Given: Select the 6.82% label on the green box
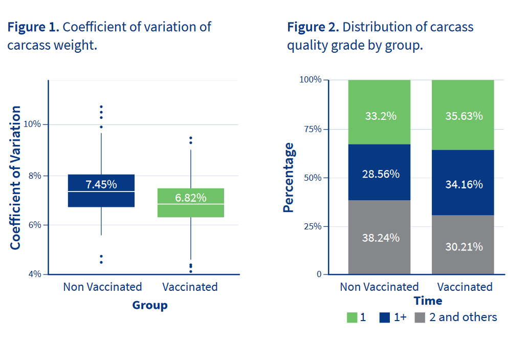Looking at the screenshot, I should [190, 197].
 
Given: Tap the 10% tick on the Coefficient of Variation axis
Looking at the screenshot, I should [33, 124].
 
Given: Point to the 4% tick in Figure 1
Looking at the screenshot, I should [35, 274].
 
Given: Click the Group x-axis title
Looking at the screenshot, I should [149, 305].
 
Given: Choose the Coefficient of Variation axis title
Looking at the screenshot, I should [16, 178].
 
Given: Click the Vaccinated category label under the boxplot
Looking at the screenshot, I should [190, 287].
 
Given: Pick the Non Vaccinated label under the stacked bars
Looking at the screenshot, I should [379, 287].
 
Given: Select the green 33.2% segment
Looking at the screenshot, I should [379, 116].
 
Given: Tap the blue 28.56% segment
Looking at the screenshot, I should [379, 174].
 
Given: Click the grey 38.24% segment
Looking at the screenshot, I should [379, 238].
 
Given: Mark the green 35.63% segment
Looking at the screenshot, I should [463, 116].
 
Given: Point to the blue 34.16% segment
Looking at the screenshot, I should [463, 183].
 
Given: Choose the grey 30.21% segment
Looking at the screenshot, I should [463, 246].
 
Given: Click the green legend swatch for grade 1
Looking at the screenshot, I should [352, 317].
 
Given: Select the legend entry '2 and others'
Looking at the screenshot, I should [463, 317].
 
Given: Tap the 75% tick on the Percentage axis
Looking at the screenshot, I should [311, 129].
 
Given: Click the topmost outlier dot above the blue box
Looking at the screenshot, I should [101, 107].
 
